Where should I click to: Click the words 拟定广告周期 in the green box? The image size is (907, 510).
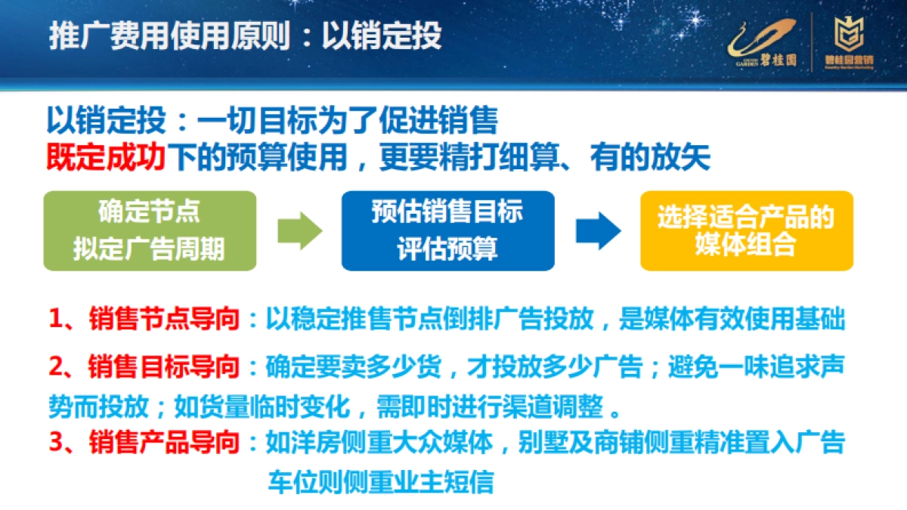pyautogui.click(x=149, y=249)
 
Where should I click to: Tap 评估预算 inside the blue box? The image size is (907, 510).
pyautogui.click(x=447, y=249)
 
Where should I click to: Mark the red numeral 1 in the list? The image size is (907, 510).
pyautogui.click(x=57, y=320)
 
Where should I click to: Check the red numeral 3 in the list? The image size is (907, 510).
pyautogui.click(x=57, y=443)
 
